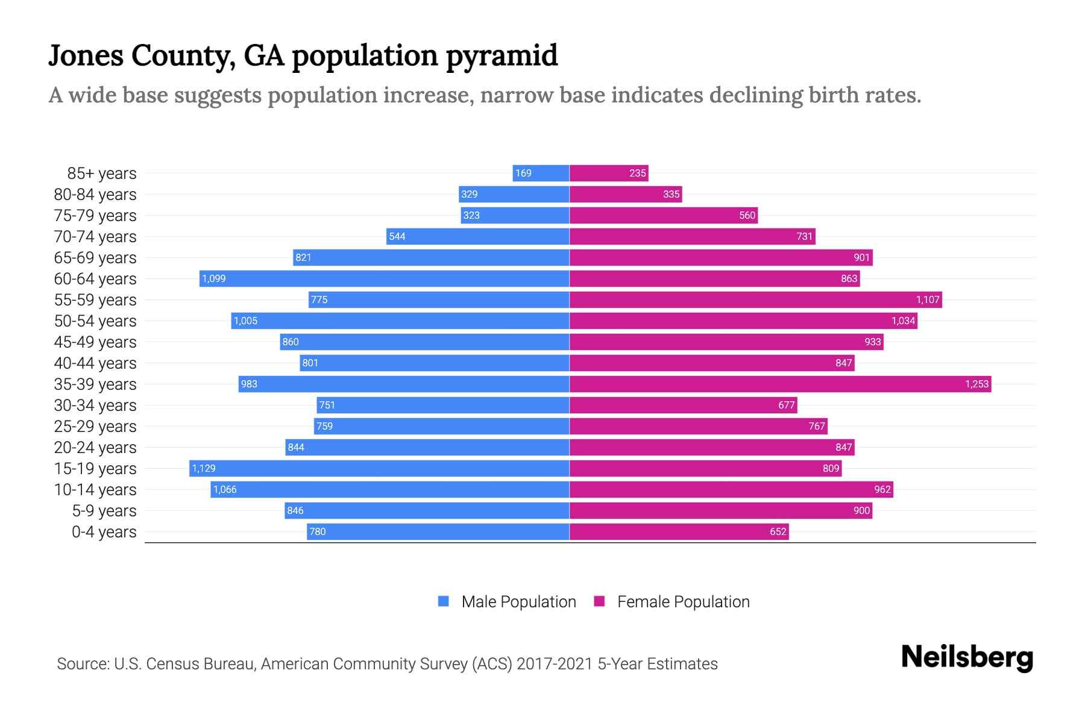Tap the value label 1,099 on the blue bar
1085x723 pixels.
pos(214,278)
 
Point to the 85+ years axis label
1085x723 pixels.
pos(101,174)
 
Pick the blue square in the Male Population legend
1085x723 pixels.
pos(444,601)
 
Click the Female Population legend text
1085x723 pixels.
pos(683,601)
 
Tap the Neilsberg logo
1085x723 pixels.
pos(967,657)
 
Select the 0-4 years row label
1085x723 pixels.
pos(104,532)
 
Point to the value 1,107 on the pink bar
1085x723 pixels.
pos(928,299)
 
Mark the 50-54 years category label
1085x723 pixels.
pos(95,321)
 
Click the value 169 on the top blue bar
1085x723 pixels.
pos(523,173)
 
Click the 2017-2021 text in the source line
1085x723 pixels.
pos(554,664)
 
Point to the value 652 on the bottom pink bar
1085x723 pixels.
pos(778,531)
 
